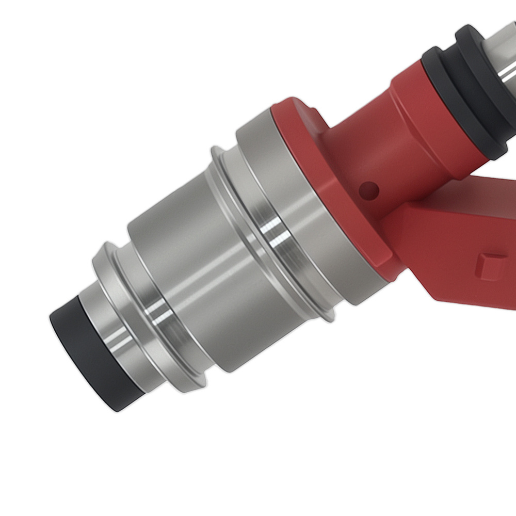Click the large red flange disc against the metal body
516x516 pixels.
pos(330,196)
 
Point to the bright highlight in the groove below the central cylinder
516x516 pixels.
pos(155,310)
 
